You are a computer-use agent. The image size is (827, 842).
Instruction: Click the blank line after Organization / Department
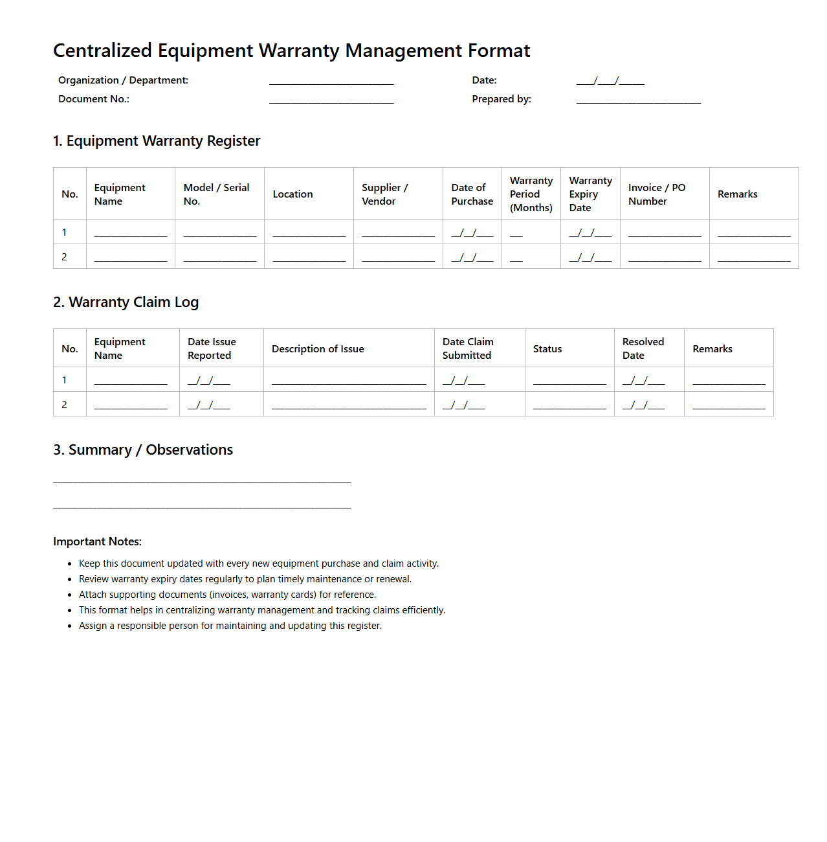tap(331, 82)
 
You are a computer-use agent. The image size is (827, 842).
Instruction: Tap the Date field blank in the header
tap(610, 82)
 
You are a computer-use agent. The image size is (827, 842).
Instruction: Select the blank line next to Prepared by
tap(638, 100)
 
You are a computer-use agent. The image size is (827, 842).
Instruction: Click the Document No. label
tap(94, 99)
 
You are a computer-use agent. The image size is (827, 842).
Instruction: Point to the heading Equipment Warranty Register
tap(157, 141)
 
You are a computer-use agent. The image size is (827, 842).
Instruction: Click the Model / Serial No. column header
tap(216, 194)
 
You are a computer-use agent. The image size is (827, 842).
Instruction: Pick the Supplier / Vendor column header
tap(384, 194)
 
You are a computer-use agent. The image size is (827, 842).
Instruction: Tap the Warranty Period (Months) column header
tap(531, 194)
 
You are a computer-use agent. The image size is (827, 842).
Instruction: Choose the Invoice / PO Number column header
tap(656, 194)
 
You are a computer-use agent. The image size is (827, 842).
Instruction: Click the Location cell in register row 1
tap(309, 233)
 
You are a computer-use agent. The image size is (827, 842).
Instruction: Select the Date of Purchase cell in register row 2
tap(472, 257)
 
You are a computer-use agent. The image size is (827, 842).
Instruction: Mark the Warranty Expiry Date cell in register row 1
tap(590, 233)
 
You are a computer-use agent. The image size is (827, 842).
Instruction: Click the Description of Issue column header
tap(318, 349)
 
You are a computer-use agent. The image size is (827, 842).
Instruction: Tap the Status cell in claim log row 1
tap(569, 380)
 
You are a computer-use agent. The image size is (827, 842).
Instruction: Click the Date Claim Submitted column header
tap(468, 348)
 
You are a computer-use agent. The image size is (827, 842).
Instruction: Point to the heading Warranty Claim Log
tap(126, 302)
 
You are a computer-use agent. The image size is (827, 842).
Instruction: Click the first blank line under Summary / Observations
tap(202, 481)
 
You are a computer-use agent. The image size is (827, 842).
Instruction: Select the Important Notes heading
tap(97, 541)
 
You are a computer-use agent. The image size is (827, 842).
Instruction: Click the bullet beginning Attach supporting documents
tap(227, 595)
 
